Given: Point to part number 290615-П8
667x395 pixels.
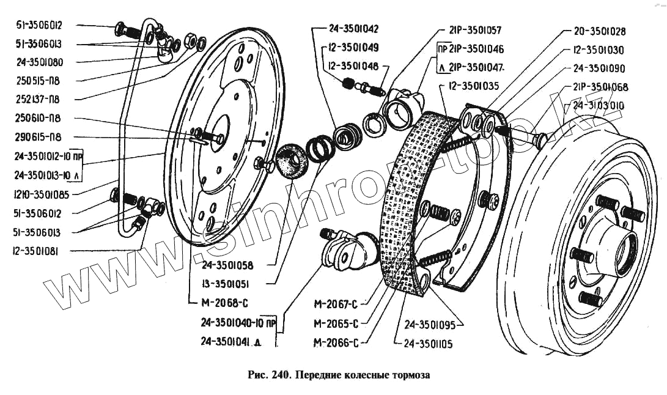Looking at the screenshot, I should coord(40,137).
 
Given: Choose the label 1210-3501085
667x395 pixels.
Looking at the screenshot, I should coord(42,195).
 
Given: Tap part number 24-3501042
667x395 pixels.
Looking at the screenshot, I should coord(353,28).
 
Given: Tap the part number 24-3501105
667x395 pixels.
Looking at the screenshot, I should coord(428,344).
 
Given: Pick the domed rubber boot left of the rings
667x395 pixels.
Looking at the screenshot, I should coord(292,162).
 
